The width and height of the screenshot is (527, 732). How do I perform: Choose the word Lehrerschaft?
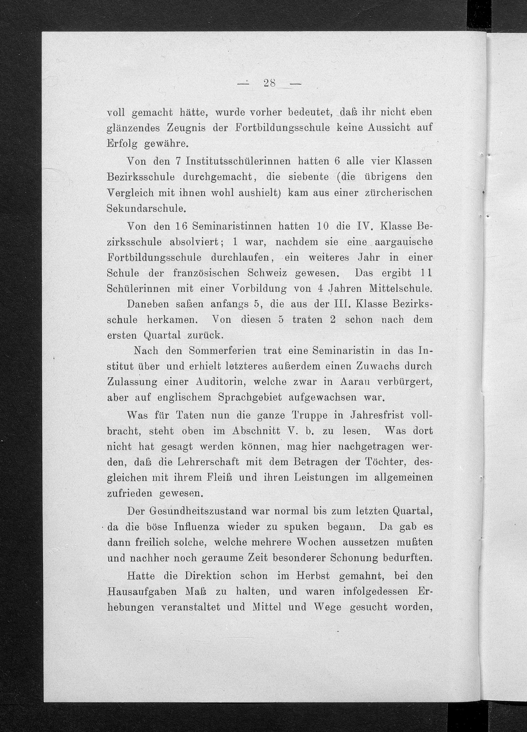pos(208,462)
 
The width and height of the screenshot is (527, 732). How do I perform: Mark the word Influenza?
pos(197,527)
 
